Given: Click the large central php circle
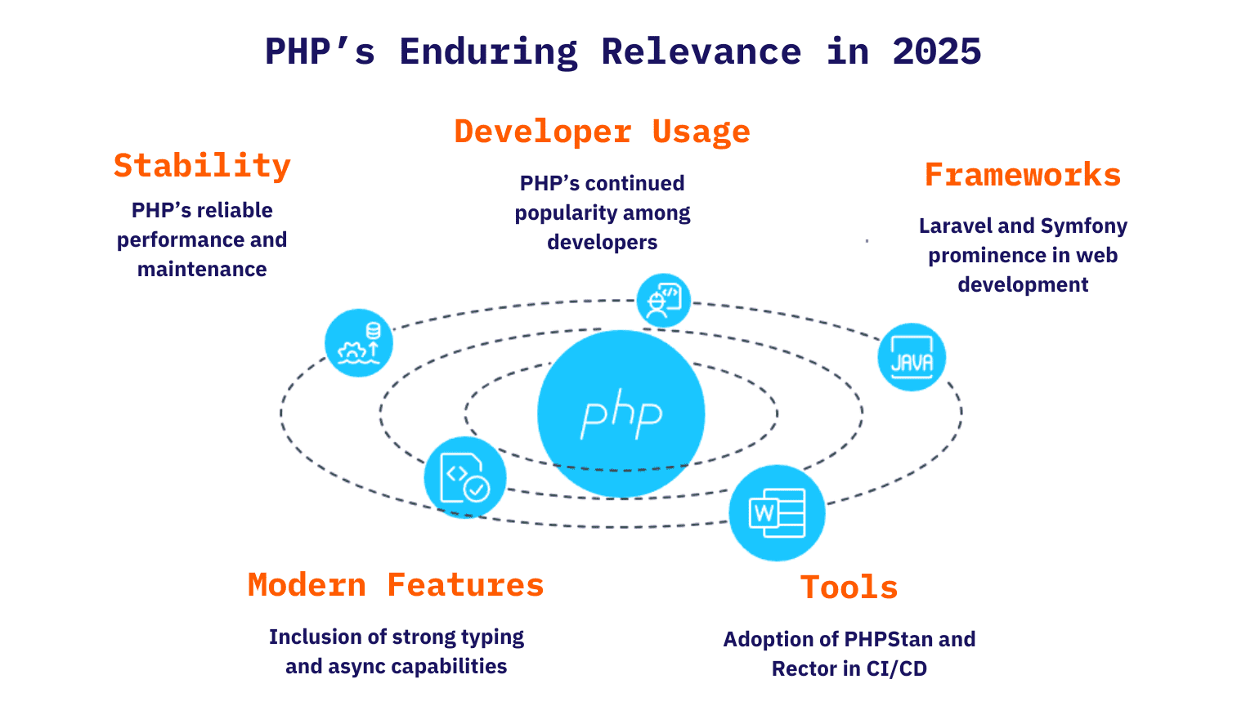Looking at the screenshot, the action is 621,413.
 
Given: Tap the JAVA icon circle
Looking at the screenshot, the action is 912,357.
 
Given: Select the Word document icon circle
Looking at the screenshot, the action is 777,512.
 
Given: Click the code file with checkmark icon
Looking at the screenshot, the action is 465,477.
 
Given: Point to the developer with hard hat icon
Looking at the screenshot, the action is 664,300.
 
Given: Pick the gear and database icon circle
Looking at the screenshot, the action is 359,342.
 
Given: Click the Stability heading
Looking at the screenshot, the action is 202,166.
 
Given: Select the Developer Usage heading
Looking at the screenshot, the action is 603,132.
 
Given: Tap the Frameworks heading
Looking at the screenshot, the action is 1022,175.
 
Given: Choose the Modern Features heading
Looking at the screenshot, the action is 396,585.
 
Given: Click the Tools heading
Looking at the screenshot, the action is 849,588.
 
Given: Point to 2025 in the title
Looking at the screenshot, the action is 937,51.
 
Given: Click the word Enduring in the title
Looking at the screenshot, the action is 489,52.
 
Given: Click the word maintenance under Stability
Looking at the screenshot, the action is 202,269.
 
